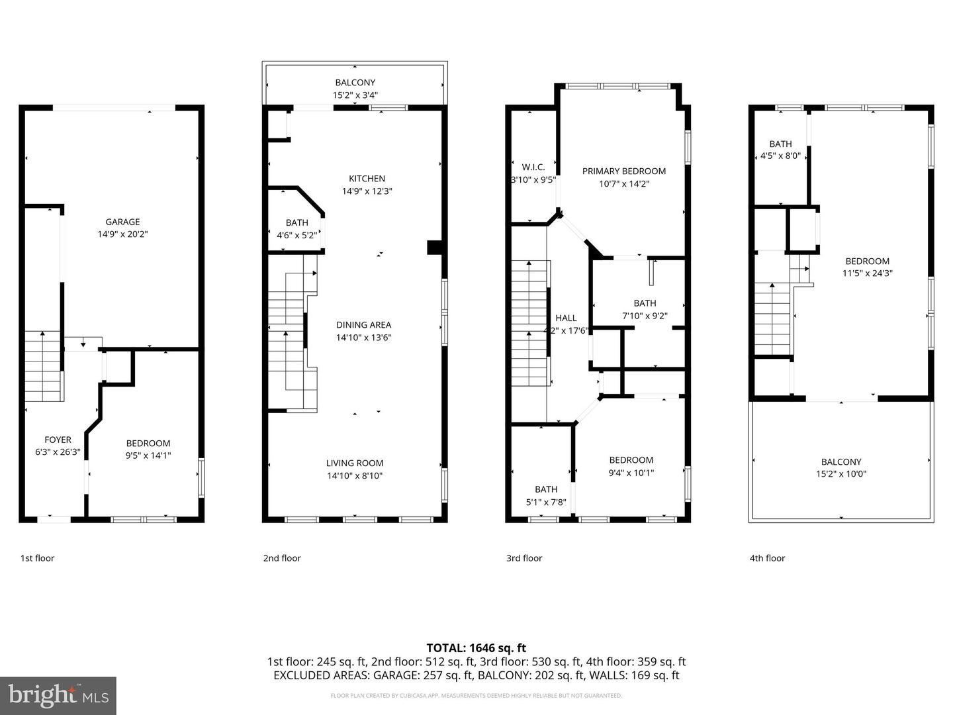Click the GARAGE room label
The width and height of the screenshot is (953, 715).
[122, 222]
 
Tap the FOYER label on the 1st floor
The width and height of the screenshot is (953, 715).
[58, 440]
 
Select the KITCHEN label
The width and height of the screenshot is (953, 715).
[367, 178]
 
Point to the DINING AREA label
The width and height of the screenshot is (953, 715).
[363, 324]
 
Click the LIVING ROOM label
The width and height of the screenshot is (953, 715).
[355, 463]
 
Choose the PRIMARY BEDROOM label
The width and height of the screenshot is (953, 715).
[623, 171]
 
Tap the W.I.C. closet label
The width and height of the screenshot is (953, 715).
[533, 167]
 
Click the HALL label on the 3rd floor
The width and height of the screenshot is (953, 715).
[566, 318]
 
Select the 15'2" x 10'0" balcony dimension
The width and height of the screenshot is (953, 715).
[841, 474]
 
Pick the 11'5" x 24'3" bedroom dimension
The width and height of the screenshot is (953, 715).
[867, 273]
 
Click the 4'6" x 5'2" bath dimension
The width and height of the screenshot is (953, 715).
[296, 234]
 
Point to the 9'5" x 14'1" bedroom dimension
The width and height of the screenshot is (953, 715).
[148, 455]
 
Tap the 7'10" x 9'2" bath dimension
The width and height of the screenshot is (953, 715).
[645, 316]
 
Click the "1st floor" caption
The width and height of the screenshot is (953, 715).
[37, 558]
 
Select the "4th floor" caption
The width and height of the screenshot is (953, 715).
[767, 558]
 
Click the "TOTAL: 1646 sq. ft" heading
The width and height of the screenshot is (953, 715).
[476, 648]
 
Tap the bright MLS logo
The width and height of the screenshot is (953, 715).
[58, 695]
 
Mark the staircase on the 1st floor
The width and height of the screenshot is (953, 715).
[44, 367]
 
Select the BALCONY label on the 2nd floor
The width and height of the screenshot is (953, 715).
[355, 83]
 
